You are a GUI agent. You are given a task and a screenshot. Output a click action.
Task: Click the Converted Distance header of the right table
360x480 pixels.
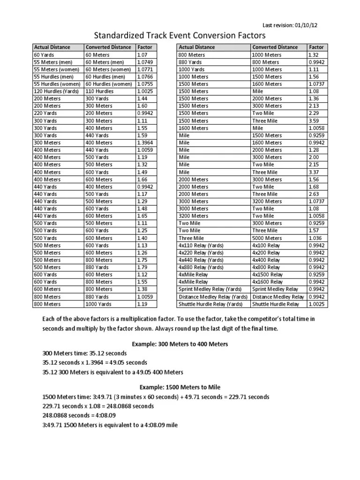point(274,47)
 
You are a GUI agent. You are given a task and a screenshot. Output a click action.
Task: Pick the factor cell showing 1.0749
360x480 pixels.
point(144,62)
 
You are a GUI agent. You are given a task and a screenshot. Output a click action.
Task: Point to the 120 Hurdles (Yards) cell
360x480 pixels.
point(56,91)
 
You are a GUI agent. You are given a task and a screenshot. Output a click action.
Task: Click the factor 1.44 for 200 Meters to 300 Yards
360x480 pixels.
point(142,98)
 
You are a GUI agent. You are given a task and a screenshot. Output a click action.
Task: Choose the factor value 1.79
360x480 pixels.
point(142,267)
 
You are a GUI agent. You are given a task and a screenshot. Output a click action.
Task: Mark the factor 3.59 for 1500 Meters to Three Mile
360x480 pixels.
point(314,120)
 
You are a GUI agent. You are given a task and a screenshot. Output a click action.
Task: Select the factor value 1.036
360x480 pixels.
point(315,238)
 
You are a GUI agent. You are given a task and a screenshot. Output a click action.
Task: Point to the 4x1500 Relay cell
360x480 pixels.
point(267,274)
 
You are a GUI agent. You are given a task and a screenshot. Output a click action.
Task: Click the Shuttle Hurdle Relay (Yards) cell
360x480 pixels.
point(210,304)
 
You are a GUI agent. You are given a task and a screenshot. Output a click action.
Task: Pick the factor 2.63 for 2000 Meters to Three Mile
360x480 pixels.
point(314,194)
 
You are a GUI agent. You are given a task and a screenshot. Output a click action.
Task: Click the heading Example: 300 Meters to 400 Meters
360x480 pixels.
point(180,344)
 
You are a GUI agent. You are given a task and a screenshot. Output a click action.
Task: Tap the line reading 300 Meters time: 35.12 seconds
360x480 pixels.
point(84,353)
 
